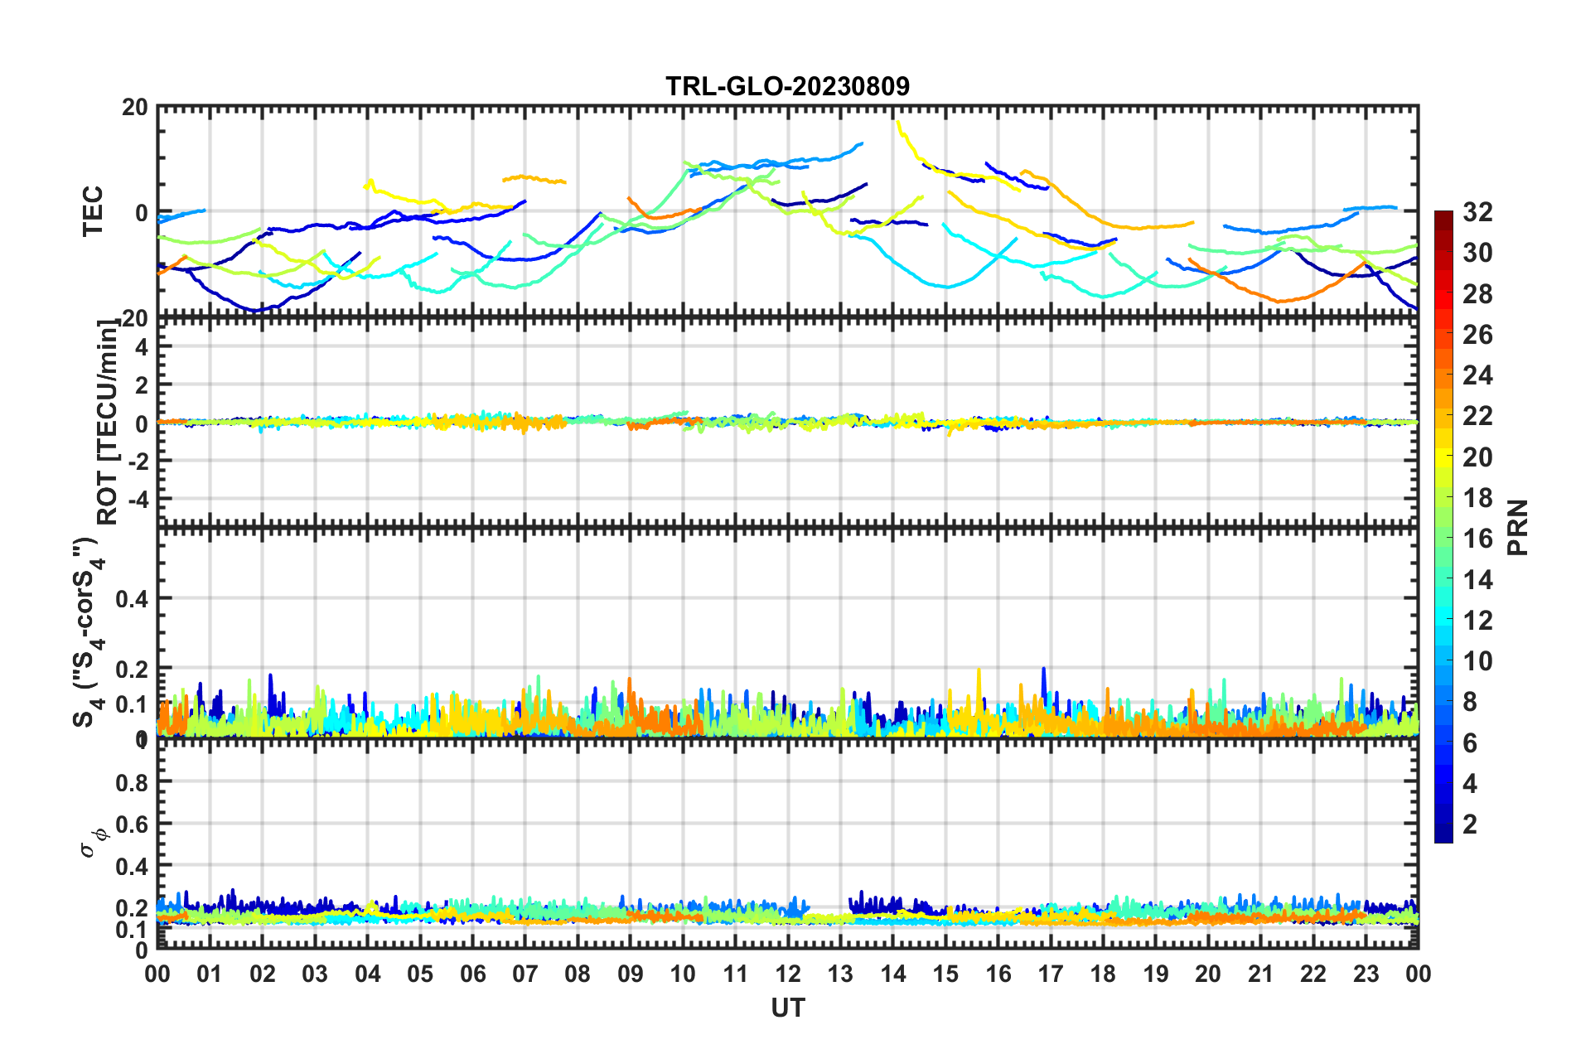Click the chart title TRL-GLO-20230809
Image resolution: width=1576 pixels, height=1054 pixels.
click(x=787, y=86)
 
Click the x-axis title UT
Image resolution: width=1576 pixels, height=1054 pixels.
click(x=787, y=1008)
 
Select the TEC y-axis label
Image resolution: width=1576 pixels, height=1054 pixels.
click(x=93, y=211)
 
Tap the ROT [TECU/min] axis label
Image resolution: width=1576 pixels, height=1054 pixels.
click(x=108, y=423)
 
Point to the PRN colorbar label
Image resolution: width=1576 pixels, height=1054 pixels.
click(x=1518, y=527)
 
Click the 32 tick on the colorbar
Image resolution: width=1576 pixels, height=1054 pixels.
click(x=1477, y=212)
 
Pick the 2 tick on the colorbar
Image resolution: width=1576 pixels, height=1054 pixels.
click(x=1470, y=824)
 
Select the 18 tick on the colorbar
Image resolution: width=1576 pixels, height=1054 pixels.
click(x=1477, y=498)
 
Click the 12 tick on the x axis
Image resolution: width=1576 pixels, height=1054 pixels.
click(x=788, y=974)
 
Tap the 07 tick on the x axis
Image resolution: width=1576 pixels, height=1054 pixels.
click(x=525, y=974)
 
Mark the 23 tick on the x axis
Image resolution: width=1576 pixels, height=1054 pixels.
click(x=1366, y=974)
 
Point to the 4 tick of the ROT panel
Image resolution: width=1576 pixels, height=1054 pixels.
click(x=142, y=347)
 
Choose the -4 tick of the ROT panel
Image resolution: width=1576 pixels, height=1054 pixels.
click(x=137, y=499)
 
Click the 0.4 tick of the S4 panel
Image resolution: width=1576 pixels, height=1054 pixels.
click(x=132, y=598)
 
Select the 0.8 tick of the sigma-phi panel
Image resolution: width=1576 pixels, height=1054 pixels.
click(x=132, y=782)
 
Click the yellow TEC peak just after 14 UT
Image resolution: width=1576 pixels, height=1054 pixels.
click(x=899, y=123)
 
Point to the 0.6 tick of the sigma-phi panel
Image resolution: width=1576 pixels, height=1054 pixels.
click(x=132, y=824)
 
